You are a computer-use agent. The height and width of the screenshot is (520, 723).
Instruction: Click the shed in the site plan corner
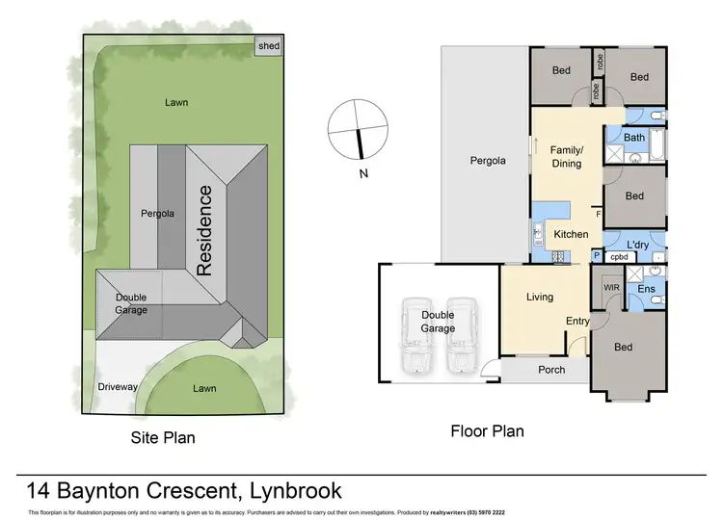267,45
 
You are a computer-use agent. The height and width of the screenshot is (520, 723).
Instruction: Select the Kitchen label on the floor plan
571,235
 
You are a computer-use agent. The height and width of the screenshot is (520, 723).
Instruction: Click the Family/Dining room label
566,157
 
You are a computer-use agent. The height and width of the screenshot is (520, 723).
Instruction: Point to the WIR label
611,287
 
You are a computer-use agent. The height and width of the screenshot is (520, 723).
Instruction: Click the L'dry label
639,246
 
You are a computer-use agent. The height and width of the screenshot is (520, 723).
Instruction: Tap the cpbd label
619,258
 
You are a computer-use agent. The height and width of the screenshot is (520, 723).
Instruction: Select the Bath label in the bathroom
634,138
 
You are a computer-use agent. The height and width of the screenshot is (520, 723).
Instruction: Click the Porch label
551,371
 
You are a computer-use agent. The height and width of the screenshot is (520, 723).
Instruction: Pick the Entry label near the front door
577,322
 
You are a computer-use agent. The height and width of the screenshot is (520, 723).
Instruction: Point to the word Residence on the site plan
204,230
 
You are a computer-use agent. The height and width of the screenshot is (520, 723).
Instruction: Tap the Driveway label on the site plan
119,387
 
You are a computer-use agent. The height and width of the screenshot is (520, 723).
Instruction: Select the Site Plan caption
163,438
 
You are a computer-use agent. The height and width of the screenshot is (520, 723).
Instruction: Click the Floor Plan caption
487,430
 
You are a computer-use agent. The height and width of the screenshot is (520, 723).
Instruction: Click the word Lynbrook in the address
288,490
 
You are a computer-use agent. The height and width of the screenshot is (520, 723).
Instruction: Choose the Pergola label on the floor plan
488,161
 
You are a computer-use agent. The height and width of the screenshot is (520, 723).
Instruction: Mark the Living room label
540,298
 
